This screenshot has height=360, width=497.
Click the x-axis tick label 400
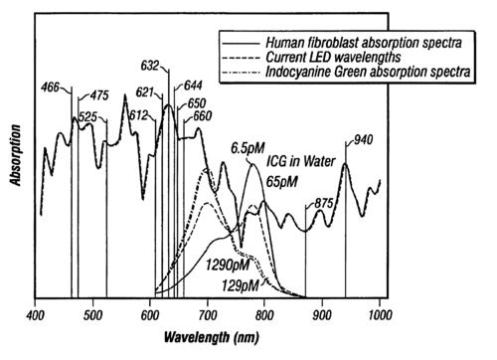pyautogui.click(x=36, y=315)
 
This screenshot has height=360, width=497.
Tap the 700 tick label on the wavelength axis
pyautogui.click(x=208, y=315)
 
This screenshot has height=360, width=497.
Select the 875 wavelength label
pyautogui.click(x=323, y=203)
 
